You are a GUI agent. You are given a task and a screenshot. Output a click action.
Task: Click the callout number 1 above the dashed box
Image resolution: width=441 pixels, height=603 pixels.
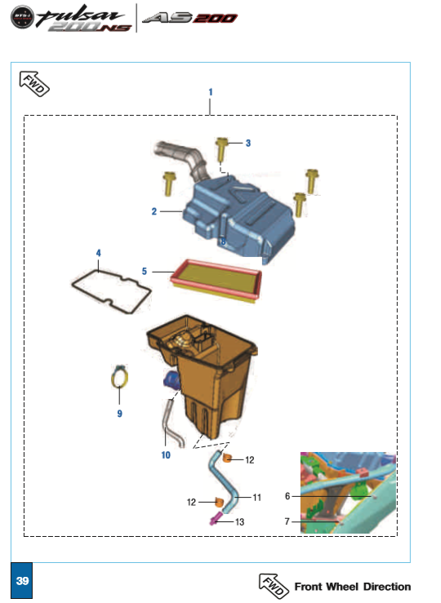[211, 92]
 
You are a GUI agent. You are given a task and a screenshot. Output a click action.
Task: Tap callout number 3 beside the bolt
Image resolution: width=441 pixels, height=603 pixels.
[248, 143]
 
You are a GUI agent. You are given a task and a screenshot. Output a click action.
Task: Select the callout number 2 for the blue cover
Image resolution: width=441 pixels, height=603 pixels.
[154, 211]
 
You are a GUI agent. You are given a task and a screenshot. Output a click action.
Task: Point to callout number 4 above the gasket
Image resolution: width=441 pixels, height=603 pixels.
[99, 253]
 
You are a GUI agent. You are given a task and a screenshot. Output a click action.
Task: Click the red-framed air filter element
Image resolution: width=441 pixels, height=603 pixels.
[216, 281]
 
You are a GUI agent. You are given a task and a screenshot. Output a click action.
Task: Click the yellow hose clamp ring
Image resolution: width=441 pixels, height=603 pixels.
[120, 376]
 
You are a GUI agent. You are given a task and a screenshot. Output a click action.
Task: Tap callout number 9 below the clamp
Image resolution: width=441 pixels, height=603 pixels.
[120, 414]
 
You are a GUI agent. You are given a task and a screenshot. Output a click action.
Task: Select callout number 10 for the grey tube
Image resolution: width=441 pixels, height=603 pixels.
[166, 455]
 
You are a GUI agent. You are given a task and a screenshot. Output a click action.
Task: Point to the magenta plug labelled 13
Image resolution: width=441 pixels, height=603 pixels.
[215, 518]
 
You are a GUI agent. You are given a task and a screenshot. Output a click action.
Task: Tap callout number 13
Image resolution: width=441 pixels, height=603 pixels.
[240, 522]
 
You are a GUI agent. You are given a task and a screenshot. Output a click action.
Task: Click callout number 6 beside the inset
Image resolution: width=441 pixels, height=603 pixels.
[287, 496]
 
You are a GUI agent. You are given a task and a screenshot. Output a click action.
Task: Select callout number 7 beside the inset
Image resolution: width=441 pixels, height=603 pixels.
[287, 521]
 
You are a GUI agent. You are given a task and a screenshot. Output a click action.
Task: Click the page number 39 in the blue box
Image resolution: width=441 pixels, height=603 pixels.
[22, 581]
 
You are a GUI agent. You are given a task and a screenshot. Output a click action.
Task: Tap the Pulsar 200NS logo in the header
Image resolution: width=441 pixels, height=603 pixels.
[72, 18]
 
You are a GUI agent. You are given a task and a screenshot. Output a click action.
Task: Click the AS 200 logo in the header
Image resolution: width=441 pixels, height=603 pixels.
[189, 18]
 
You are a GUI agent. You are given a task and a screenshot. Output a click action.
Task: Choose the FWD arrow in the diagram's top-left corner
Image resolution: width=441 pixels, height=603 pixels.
[34, 83]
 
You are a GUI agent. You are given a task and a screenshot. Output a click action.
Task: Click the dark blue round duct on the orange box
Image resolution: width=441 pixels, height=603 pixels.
[171, 379]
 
